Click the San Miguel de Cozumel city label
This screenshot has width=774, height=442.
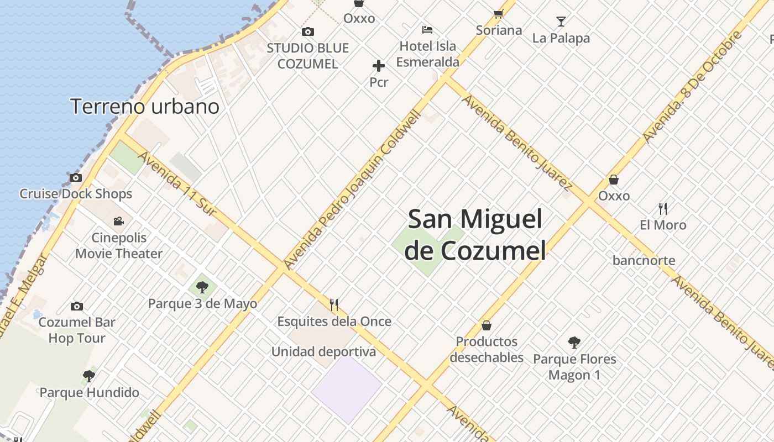(475, 235)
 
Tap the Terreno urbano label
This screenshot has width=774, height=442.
(145, 106)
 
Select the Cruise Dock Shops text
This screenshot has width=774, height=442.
(76, 194)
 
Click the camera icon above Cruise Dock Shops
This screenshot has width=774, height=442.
(76, 178)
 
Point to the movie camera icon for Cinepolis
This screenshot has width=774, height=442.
(118, 222)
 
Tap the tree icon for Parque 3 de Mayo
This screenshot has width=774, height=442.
(202, 287)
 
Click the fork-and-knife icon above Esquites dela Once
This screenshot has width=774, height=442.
(334, 305)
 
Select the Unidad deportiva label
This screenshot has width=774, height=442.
(323, 351)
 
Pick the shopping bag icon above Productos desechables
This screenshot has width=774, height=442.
(487, 325)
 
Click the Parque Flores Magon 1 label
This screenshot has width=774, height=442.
(574, 367)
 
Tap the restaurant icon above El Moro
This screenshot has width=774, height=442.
(663, 209)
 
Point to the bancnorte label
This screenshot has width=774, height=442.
(644, 260)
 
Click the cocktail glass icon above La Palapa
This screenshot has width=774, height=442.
(561, 22)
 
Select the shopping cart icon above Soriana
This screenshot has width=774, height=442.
(499, 14)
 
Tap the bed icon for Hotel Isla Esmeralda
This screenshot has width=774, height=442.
(427, 30)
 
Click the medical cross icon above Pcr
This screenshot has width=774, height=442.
(379, 66)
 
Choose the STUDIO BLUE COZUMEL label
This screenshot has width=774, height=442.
(307, 56)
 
